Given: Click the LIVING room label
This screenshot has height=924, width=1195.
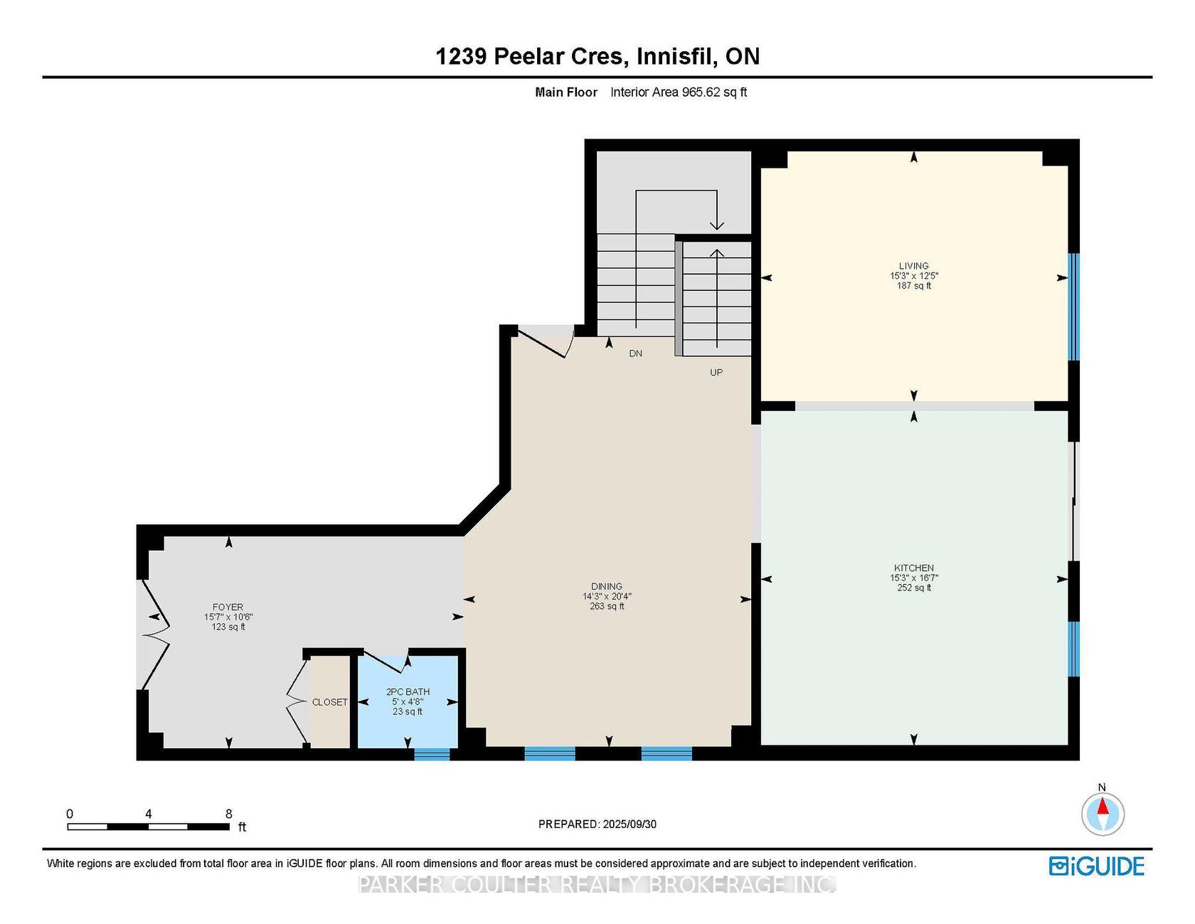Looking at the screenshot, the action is (914, 266).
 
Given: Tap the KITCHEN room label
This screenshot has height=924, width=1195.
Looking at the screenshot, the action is (914, 568).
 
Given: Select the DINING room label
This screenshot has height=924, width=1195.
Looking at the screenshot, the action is (607, 587).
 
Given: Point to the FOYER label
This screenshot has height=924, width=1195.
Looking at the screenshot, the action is (228, 607).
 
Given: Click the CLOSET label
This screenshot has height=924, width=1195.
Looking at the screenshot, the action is (330, 702).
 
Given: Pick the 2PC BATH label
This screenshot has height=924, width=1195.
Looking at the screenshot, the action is (408, 692).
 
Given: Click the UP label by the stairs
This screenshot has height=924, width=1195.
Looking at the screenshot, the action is (716, 373).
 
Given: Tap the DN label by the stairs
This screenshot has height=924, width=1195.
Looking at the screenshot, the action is (635, 354).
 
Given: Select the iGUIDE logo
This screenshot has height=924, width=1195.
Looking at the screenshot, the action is (1097, 866).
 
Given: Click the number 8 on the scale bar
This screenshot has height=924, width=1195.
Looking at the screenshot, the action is (228, 814).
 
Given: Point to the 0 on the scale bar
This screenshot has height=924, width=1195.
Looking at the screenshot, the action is (70, 814).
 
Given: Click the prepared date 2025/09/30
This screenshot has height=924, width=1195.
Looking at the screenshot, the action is (630, 824).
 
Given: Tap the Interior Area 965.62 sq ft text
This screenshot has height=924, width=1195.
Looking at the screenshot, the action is (679, 92).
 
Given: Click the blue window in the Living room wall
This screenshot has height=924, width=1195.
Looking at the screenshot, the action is (1074, 307).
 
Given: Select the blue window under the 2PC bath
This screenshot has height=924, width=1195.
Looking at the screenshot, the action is (432, 754).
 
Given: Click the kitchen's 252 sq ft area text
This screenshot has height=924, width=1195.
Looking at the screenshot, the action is (914, 588).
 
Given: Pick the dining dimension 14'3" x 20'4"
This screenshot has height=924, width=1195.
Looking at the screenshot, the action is (607, 597).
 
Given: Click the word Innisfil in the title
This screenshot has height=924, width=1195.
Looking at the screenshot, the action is (676, 56).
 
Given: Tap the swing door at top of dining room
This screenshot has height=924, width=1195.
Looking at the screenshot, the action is (546, 342).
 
